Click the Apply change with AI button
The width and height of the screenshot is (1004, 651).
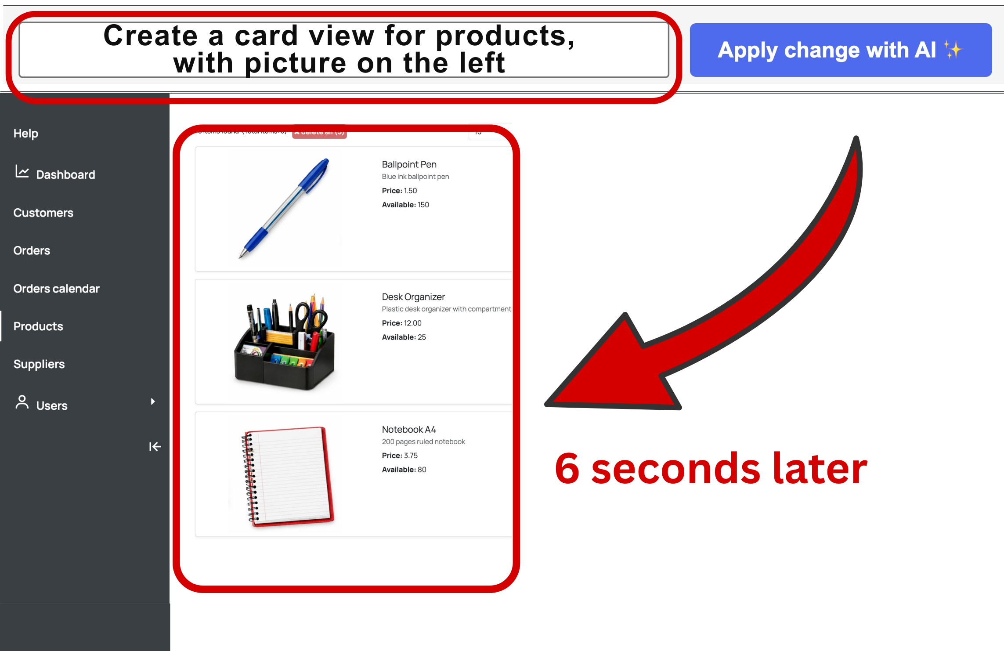(x=840, y=50)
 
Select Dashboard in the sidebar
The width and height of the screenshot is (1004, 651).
(x=65, y=175)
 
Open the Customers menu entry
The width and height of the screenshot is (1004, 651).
(x=43, y=213)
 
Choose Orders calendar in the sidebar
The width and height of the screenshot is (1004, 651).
(x=56, y=289)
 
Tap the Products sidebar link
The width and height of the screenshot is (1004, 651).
(x=38, y=326)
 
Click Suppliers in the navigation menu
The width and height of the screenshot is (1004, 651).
(x=39, y=364)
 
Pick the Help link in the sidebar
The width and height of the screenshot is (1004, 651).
(x=25, y=134)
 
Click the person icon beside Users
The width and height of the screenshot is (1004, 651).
(x=22, y=402)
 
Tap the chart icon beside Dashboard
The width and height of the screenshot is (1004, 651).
(x=22, y=171)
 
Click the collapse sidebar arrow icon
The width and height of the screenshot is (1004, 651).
(x=155, y=447)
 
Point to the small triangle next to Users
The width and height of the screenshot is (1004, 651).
(x=152, y=401)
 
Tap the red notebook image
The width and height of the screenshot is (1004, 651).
(x=288, y=476)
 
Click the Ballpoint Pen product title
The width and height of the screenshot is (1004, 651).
(x=409, y=164)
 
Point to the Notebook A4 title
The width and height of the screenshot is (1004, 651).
(x=408, y=430)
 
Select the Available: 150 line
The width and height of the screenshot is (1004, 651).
(x=405, y=205)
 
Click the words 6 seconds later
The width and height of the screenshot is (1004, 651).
(x=710, y=469)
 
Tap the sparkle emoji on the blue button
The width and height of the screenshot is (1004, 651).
(x=953, y=50)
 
